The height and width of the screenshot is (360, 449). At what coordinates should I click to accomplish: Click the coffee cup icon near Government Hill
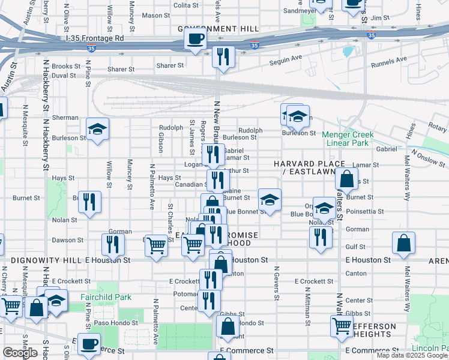coord(196,41)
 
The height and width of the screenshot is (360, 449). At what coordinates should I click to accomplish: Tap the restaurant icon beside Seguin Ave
coord(223,57)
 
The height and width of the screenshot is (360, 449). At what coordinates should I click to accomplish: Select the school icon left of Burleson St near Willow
coord(97,129)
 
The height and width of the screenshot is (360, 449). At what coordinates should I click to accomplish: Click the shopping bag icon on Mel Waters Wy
coord(404,243)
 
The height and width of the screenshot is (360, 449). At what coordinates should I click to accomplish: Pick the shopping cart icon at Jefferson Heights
coord(342,326)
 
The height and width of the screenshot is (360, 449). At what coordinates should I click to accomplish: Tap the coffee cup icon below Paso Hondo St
coord(89,344)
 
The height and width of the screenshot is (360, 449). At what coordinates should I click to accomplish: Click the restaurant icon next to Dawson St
coord(112,244)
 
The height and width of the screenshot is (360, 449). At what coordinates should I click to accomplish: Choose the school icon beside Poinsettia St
coord(324,209)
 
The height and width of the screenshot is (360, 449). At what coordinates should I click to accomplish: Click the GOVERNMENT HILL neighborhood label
coord(218,29)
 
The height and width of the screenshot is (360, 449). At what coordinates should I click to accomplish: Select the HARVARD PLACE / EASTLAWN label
coord(310,168)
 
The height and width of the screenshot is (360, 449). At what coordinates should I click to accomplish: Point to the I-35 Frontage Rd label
coord(94,37)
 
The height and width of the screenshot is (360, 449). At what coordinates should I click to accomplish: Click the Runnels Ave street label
coord(389,60)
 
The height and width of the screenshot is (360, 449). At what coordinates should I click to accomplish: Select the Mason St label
coord(156,15)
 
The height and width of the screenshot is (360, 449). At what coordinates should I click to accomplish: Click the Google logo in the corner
coord(20,353)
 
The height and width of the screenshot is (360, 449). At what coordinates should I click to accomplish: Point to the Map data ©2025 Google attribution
coord(412,355)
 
